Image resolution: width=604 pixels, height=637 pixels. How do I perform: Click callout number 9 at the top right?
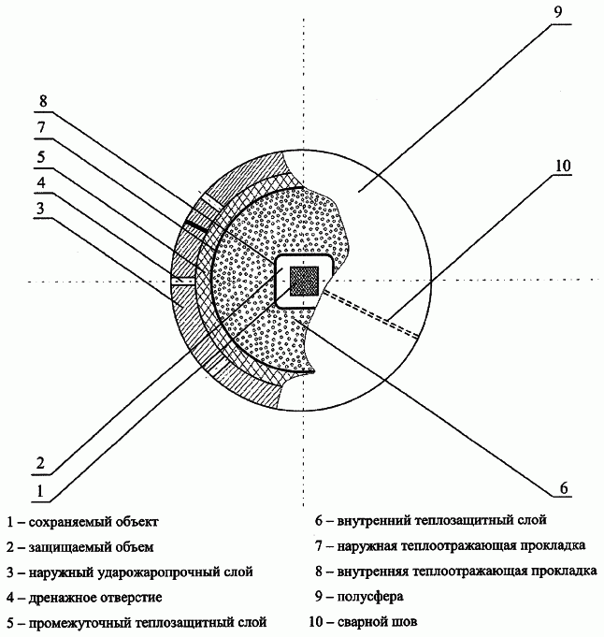[x=558, y=12]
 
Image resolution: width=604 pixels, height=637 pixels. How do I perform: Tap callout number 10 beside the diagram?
[x=563, y=166]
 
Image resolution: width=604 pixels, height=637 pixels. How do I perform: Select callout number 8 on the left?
[x=43, y=101]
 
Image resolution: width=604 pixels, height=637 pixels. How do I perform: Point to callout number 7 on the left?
[x=41, y=127]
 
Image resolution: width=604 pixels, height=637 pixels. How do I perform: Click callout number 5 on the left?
[x=41, y=156]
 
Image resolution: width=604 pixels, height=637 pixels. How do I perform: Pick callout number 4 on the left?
[x=41, y=182]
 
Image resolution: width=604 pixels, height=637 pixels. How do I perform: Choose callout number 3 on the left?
[x=40, y=208]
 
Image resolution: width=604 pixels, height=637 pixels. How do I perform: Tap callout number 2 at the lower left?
[x=40, y=463]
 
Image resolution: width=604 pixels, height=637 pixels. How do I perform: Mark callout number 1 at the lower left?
[x=40, y=491]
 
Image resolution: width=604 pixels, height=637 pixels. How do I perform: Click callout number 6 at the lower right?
[x=564, y=488]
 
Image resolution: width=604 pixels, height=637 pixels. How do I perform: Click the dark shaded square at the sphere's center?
[x=304, y=282]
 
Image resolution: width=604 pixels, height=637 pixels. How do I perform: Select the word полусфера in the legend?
[x=370, y=597]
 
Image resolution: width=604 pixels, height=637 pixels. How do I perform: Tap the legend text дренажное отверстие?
[x=95, y=597]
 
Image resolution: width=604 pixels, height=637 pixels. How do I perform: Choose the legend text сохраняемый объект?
[x=93, y=522]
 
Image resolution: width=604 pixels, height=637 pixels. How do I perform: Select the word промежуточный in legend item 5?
[x=79, y=622]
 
